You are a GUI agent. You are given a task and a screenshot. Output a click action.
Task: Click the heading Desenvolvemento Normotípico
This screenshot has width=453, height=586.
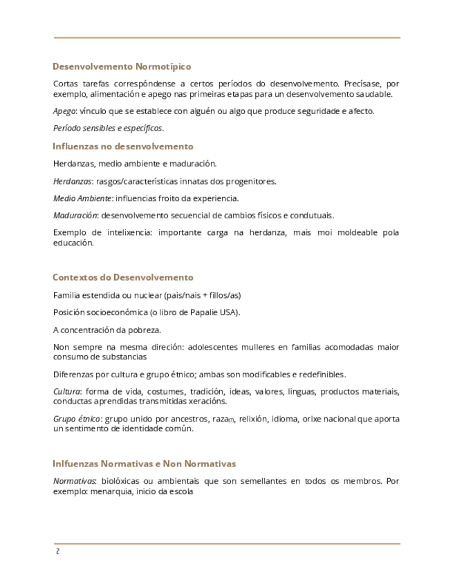pos(122,67)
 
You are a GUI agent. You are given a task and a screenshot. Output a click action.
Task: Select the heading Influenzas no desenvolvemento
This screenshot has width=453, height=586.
pos(123,146)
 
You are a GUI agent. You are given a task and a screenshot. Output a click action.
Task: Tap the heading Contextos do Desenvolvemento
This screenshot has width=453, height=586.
pos(123,277)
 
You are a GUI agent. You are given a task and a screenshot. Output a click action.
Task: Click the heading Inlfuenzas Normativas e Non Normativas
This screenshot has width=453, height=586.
pos(145,463)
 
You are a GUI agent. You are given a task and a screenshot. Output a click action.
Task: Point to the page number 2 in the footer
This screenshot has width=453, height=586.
pos(57,551)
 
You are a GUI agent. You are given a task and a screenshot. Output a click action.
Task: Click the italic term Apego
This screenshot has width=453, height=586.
pos(64,111)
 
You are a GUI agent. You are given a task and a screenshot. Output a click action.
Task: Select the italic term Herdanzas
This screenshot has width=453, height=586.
pos(73,181)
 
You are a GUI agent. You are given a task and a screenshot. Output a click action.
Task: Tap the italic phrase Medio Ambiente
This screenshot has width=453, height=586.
pos(82,198)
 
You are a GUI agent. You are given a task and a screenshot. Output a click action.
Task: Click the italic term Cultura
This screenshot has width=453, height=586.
pos(66,392)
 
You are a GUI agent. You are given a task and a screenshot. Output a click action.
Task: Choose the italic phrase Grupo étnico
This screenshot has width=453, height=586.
pos(77,419)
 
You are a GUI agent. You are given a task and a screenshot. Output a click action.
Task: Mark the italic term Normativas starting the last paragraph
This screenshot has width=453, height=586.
pos(74,480)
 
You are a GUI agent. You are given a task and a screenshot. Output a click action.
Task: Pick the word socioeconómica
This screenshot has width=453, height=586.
pos(120,312)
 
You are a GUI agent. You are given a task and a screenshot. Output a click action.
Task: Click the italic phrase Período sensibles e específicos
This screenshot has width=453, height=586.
pos(108,129)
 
